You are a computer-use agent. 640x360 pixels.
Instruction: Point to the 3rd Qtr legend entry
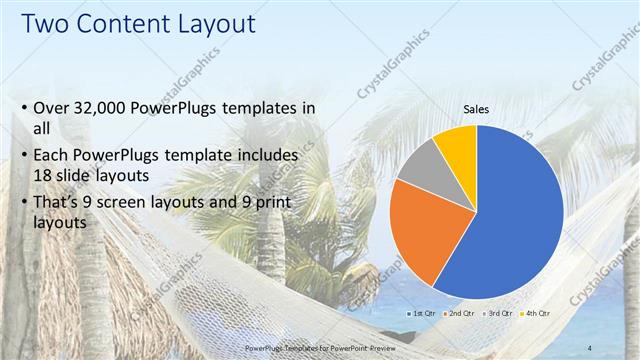click(x=501, y=313)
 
